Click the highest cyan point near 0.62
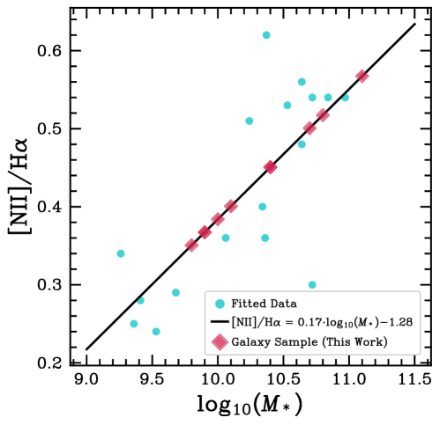pyautogui.click(x=266, y=35)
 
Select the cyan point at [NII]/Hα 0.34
pyautogui.click(x=121, y=253)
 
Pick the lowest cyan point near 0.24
pyautogui.click(x=156, y=332)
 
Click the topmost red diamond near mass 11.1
pyautogui.click(x=362, y=77)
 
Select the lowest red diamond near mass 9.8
pyautogui.click(x=191, y=245)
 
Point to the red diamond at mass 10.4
pyautogui.click(x=271, y=167)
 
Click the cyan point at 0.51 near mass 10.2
pyautogui.click(x=250, y=121)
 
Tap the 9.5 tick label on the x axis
pyautogui.click(x=152, y=380)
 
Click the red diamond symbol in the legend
pyautogui.click(x=217, y=341)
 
